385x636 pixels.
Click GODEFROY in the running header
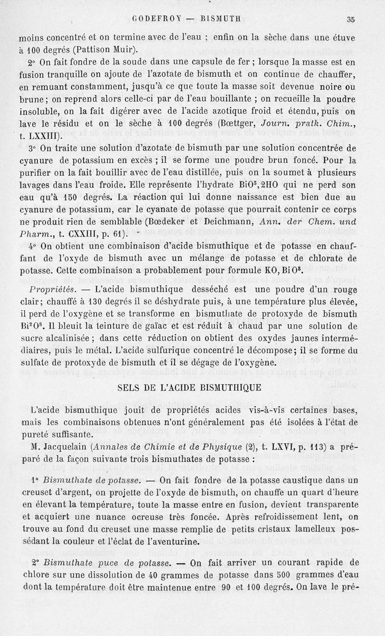(x=154, y=20)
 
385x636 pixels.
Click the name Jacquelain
(x=68, y=445)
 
